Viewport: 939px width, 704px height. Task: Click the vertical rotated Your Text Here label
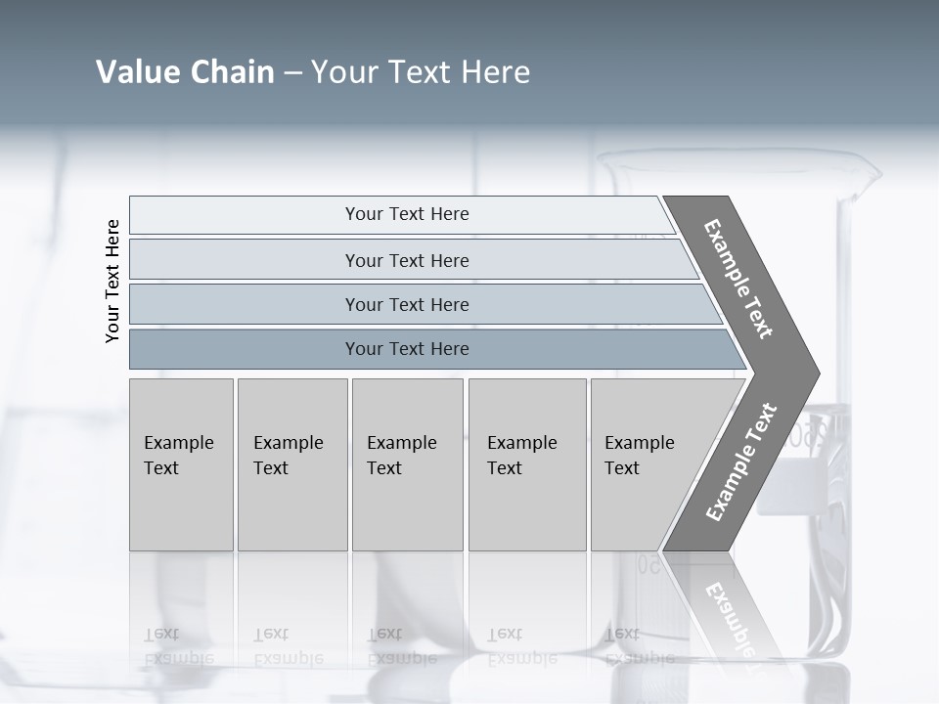(x=112, y=281)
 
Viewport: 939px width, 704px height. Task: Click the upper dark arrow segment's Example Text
(x=738, y=279)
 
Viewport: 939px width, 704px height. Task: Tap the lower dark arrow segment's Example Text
(x=740, y=462)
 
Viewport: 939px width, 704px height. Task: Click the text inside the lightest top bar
(x=407, y=214)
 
